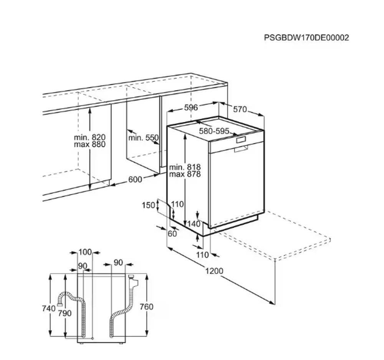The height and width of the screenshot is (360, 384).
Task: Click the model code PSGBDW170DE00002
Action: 306,38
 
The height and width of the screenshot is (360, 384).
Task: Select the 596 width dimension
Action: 191,107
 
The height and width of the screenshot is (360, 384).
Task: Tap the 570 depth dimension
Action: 240,109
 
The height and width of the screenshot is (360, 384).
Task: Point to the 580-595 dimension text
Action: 214,131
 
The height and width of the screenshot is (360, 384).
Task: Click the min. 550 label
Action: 143,138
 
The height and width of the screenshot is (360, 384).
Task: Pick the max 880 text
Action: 89,144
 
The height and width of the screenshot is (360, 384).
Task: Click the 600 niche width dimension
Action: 135,179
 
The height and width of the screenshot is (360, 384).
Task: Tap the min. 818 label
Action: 185,167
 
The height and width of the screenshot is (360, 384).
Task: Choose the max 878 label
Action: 185,174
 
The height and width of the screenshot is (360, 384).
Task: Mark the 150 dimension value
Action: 148,205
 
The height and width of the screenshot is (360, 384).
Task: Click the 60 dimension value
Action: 172,233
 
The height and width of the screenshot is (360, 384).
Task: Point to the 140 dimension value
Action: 194,224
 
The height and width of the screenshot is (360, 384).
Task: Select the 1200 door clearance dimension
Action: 214,271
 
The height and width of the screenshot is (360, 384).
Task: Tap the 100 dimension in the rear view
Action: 85,252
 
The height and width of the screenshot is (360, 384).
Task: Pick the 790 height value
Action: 65,313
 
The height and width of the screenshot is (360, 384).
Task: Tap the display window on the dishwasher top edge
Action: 240,140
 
